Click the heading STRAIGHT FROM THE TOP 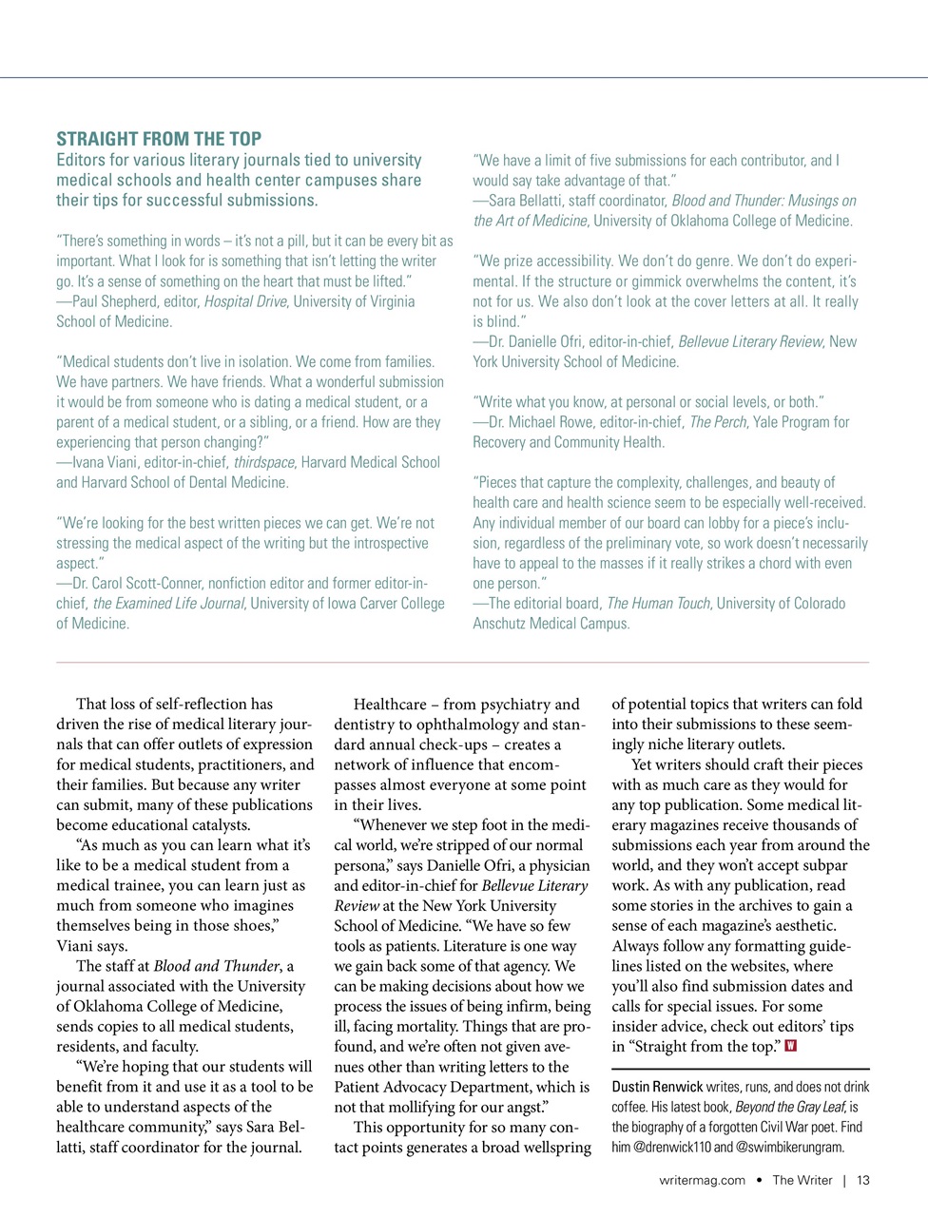coord(159,139)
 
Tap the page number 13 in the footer coord(863,1180)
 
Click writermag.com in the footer coord(702,1180)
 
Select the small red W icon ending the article coord(791,1047)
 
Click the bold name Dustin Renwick coord(657,1087)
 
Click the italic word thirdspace coord(264,462)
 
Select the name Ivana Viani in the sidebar coord(105,462)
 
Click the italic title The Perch coord(718,421)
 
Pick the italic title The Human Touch coord(659,603)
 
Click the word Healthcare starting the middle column coord(390,705)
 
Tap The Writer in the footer coord(802,1180)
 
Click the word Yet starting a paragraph coord(644,764)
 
